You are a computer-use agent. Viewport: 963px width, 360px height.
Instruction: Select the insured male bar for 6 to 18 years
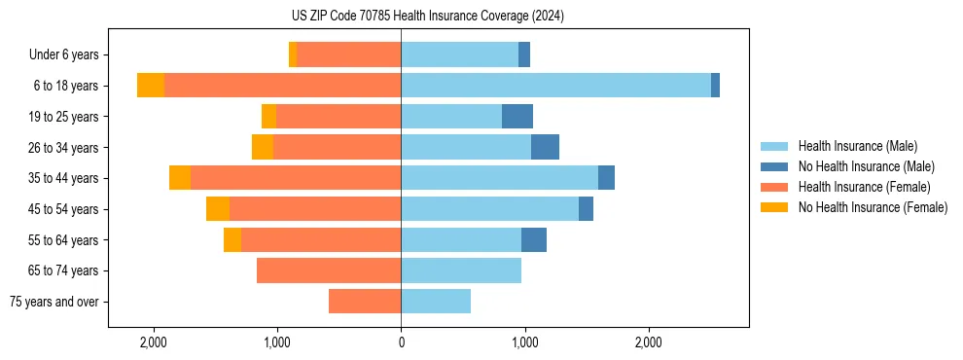tap(555, 86)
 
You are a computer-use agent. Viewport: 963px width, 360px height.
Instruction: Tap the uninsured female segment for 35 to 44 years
tap(180, 178)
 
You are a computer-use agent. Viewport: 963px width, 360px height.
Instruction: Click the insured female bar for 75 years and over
tap(365, 302)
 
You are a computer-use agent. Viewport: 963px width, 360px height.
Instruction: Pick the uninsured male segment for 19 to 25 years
tap(517, 117)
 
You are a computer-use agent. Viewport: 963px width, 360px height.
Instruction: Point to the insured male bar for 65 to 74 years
tap(461, 270)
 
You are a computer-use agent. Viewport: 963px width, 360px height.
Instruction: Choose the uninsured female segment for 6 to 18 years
tap(151, 86)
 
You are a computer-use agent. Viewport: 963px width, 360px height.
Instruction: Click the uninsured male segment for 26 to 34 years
tap(545, 148)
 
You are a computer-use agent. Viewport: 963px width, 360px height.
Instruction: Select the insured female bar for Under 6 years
tap(348, 55)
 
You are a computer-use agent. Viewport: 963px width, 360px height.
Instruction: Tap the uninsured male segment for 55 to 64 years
tap(534, 240)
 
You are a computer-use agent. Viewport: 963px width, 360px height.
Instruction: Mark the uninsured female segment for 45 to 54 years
tap(218, 209)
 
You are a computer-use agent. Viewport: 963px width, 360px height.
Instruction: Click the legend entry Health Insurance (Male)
tap(857, 146)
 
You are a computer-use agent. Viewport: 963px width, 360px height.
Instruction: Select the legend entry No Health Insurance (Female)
tap(873, 207)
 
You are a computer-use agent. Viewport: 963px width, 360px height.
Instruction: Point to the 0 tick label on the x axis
tap(401, 342)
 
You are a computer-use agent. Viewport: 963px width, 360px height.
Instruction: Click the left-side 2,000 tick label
tap(154, 342)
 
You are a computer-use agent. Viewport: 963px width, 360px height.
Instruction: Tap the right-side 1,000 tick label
tap(524, 342)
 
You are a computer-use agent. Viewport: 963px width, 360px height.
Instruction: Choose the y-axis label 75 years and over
tap(54, 302)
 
